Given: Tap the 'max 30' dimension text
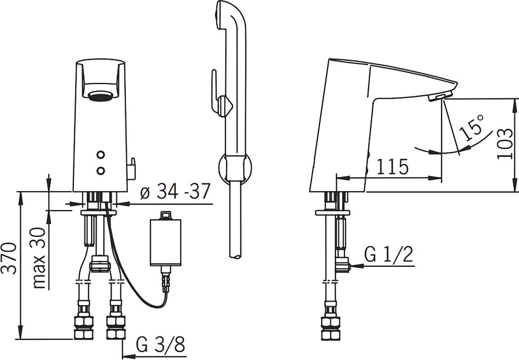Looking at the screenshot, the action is pyautogui.click(x=39, y=258).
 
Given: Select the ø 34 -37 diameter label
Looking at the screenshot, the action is pyautogui.click(x=175, y=191).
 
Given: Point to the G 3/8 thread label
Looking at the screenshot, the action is pyautogui.click(x=161, y=346).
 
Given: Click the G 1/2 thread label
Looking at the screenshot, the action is pyautogui.click(x=388, y=255).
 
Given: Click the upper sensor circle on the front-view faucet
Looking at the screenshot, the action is pyautogui.click(x=101, y=155).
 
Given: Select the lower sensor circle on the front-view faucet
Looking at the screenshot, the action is pyautogui.click(x=101, y=170).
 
